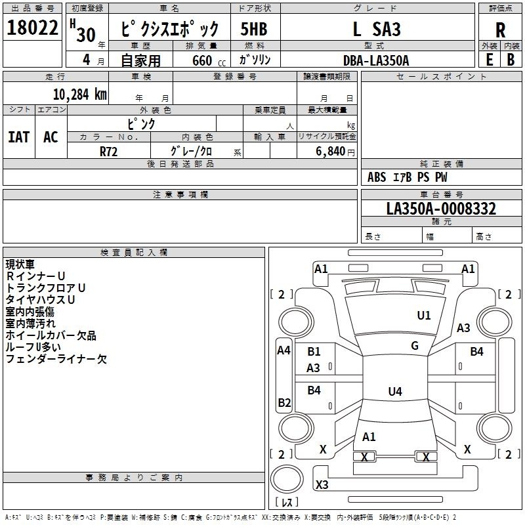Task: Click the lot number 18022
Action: [x=33, y=29]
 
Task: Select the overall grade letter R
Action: [x=500, y=30]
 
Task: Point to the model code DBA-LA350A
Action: [x=376, y=60]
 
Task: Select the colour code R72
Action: [x=108, y=151]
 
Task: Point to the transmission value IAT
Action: [x=18, y=137]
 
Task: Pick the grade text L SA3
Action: [x=376, y=30]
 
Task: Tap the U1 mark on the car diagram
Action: [x=424, y=316]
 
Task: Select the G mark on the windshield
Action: [x=415, y=346]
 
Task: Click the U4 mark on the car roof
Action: [x=394, y=392]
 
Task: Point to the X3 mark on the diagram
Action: [x=322, y=485]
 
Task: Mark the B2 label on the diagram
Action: [x=283, y=402]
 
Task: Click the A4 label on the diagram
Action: [x=283, y=350]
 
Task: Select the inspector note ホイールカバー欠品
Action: [x=51, y=335]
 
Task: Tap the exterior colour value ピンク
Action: [x=141, y=123]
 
